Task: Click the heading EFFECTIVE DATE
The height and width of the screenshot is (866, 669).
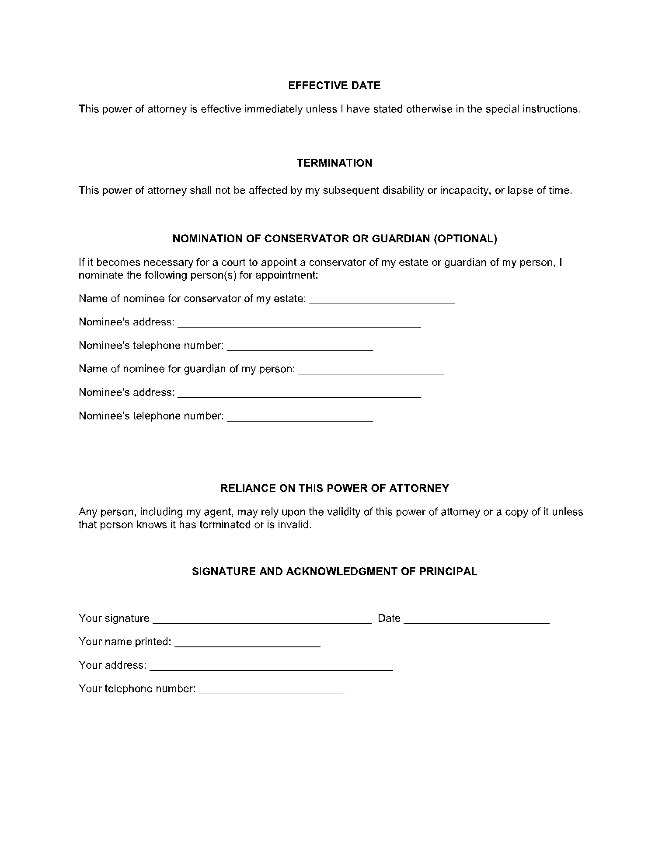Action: (x=334, y=86)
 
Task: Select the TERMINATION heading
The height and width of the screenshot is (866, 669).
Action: (x=334, y=163)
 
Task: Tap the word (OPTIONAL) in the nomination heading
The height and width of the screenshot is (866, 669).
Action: (x=465, y=239)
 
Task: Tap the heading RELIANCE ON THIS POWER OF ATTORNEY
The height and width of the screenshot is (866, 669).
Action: (x=334, y=489)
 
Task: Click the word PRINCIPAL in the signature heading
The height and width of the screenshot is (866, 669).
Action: (x=448, y=572)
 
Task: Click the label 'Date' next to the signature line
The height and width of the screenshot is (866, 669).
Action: (x=389, y=618)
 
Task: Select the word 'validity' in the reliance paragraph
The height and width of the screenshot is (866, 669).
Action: (x=344, y=512)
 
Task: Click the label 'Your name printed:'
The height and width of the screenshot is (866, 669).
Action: (x=125, y=642)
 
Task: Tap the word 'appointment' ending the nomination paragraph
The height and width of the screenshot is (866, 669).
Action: (x=286, y=276)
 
